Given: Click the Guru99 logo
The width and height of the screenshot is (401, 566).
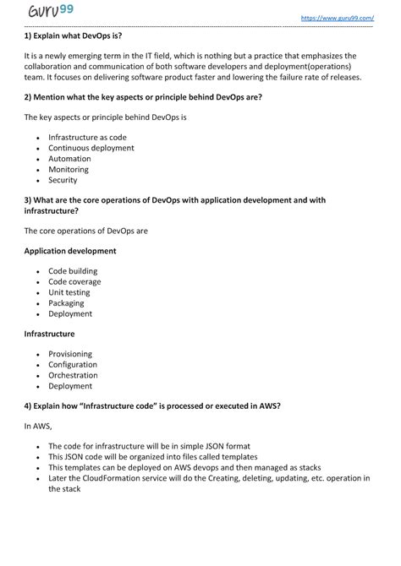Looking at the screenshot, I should [49, 11].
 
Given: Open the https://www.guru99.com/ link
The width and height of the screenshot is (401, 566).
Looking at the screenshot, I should [337, 18].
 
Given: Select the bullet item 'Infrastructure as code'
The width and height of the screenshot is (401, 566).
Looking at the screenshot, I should [87, 137].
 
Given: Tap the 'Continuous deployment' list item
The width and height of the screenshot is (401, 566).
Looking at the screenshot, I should [91, 148].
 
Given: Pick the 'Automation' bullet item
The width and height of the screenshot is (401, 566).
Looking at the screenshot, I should [69, 159].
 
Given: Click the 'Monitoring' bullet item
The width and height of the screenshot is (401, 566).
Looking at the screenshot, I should [69, 169].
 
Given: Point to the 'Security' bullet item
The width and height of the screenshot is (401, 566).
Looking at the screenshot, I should [63, 180].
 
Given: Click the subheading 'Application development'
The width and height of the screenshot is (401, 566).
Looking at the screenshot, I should [70, 251].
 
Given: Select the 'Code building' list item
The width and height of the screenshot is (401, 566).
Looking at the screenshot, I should [73, 271].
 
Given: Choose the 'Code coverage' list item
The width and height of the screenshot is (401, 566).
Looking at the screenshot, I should [74, 282].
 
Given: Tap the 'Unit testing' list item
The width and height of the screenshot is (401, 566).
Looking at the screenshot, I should [69, 292].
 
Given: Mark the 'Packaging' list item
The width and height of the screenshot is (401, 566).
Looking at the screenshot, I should [66, 303].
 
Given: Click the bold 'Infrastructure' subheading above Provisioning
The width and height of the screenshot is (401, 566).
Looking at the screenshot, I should [49, 334].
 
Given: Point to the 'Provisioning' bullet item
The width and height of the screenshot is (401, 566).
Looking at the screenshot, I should [70, 354].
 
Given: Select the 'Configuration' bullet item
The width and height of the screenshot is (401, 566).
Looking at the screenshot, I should [73, 365].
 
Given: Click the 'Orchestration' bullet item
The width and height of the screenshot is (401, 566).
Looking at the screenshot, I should [73, 375].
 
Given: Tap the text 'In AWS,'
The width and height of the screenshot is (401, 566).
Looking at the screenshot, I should [38, 427].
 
